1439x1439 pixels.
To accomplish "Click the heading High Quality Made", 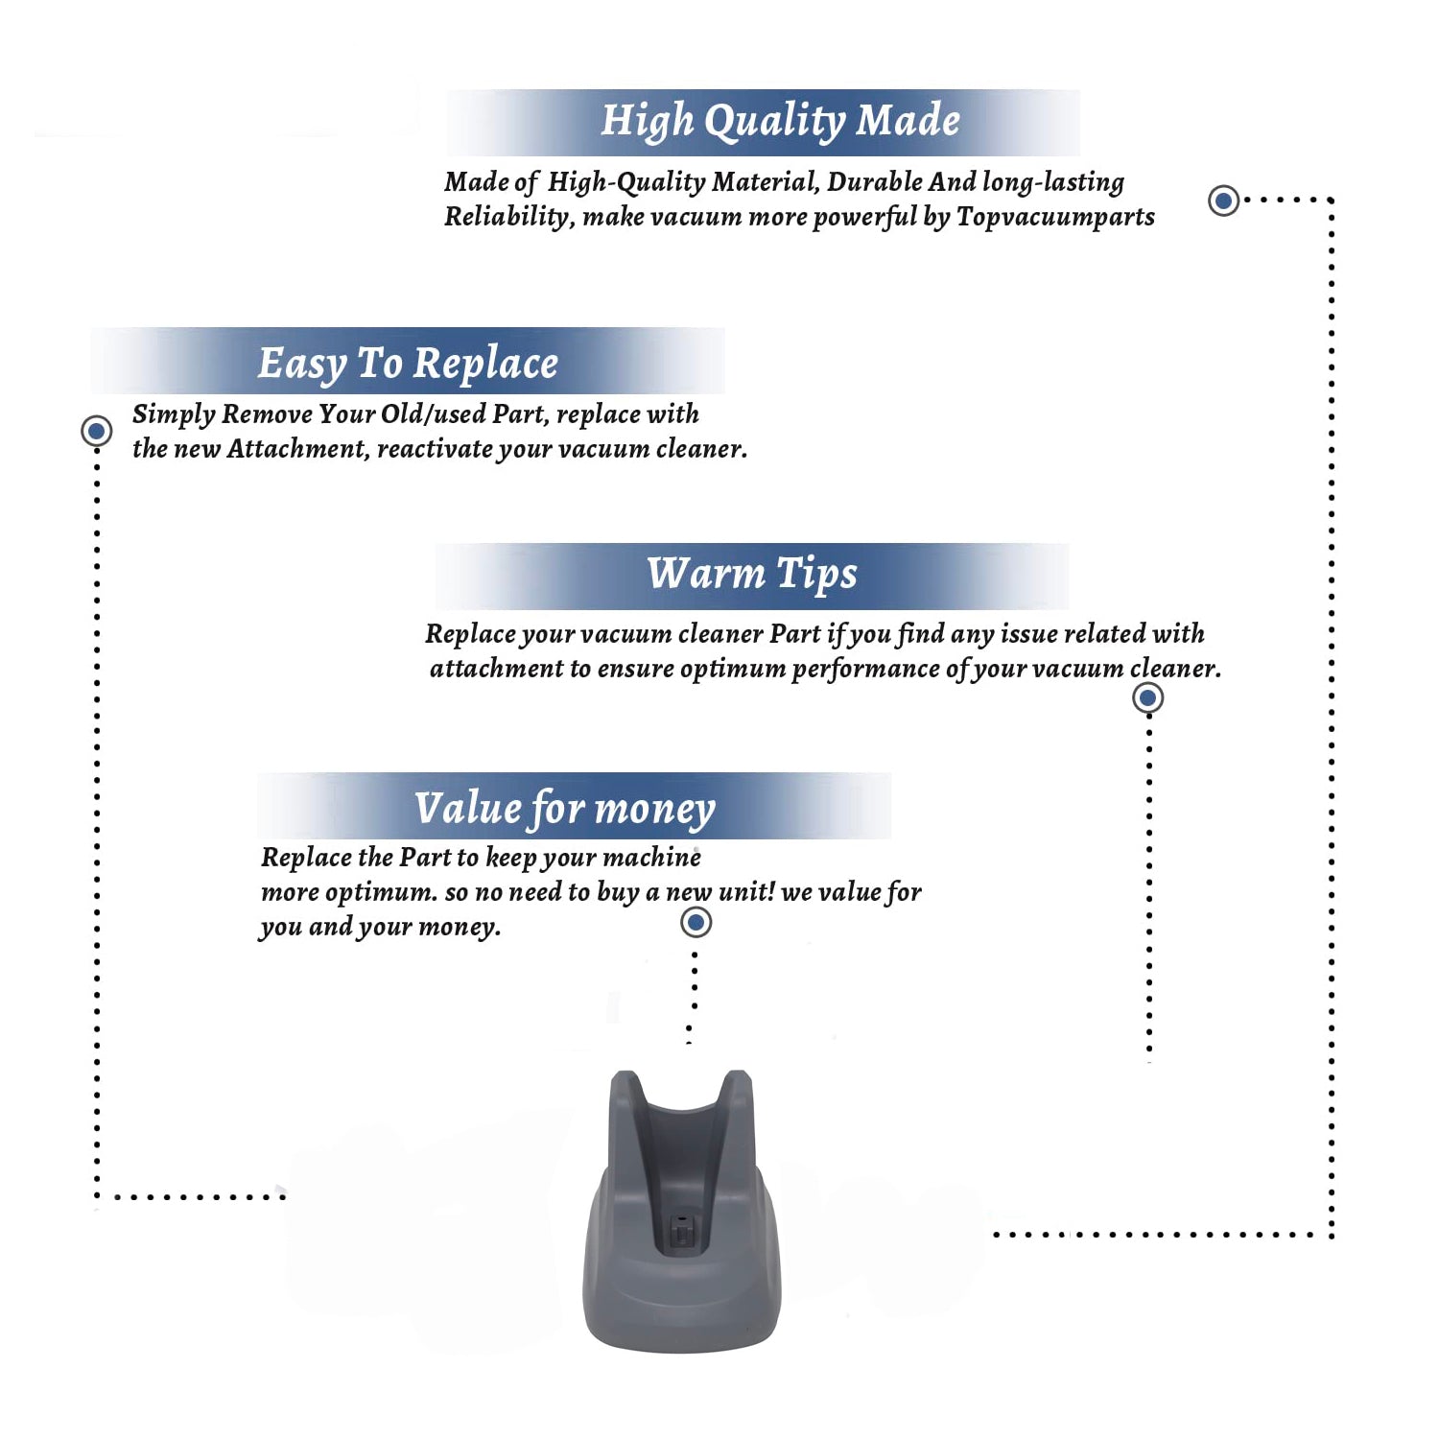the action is click(x=780, y=122).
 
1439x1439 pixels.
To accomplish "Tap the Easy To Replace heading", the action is click(x=408, y=364).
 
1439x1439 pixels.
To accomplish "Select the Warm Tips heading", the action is click(x=752, y=574).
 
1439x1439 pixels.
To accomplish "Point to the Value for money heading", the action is click(x=565, y=809).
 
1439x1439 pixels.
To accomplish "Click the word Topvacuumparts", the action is click(x=1055, y=217).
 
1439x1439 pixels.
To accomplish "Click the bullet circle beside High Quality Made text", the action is click(x=1223, y=201).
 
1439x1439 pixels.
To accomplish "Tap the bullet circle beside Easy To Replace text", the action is click(x=96, y=431).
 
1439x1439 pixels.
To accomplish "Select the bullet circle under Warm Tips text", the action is click(x=1148, y=697).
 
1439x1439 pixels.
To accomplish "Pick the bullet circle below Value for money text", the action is click(x=696, y=923).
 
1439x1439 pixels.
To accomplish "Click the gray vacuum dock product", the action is click(x=682, y=1211).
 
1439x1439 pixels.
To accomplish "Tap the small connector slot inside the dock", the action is click(x=681, y=1230).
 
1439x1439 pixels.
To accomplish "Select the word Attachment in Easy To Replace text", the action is click(x=297, y=449).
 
